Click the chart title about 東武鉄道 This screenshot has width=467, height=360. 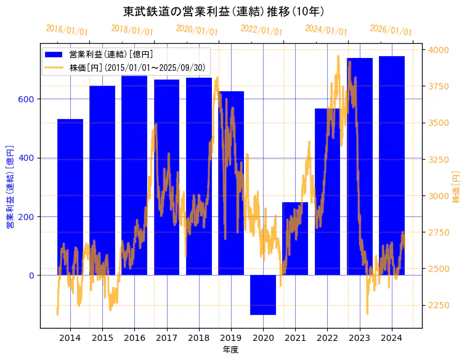[224, 11]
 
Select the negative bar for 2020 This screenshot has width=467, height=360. [263, 295]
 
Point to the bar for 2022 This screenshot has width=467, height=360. [327, 191]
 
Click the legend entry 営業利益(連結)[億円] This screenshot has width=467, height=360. [111, 55]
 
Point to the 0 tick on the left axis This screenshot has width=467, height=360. [31, 276]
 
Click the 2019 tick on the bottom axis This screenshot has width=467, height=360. [231, 337]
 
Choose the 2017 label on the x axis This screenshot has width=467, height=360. [166, 337]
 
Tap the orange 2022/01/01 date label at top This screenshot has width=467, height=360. [261, 30]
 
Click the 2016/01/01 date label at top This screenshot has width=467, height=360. [67, 30]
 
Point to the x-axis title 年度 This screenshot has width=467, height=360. [230, 350]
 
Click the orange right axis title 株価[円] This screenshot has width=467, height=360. [457, 187]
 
